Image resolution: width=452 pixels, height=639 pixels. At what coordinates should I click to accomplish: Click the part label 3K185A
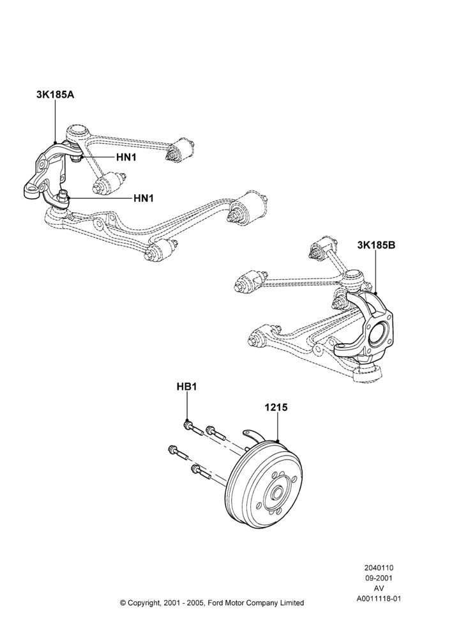click(55, 95)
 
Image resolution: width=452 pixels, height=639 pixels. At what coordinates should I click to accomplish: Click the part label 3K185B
click(376, 245)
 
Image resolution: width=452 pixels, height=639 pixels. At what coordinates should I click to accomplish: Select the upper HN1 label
click(126, 157)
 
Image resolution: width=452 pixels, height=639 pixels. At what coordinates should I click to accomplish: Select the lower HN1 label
click(144, 198)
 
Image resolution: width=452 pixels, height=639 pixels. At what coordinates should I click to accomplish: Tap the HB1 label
click(187, 387)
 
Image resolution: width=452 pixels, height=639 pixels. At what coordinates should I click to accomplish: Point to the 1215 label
click(276, 407)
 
